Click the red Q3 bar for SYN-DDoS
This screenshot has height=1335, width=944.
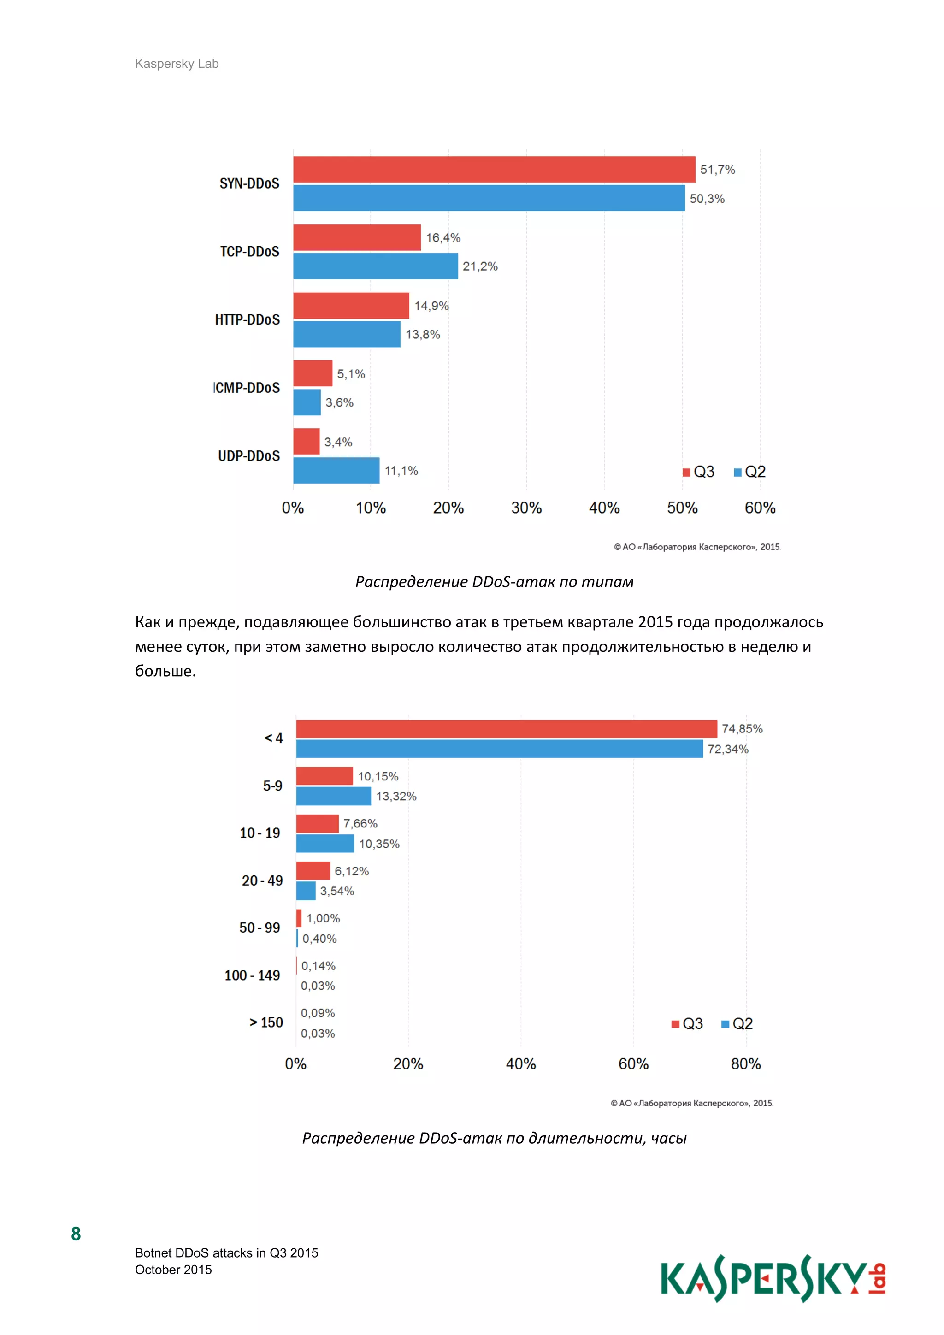click(x=494, y=169)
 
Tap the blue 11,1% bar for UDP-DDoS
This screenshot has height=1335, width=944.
click(x=336, y=470)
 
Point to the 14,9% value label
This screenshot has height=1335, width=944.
click(x=431, y=306)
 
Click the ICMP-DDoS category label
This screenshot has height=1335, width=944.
click(x=247, y=388)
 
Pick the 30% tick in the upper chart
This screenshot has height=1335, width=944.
click(x=526, y=508)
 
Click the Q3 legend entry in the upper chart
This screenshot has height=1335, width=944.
click(x=699, y=472)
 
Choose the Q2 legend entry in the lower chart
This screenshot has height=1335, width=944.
click(x=737, y=1023)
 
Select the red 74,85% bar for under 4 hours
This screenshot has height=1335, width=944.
click(x=506, y=728)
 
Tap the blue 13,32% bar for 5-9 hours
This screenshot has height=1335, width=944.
click(x=333, y=796)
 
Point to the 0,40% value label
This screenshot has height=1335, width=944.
click(x=319, y=939)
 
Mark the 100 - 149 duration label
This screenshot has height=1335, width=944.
click(x=252, y=975)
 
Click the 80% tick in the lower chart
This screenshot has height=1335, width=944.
click(x=746, y=1064)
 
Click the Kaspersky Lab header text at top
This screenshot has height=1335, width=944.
click(x=177, y=63)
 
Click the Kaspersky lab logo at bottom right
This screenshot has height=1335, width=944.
click(x=773, y=1279)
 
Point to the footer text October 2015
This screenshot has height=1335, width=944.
click(x=173, y=1269)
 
